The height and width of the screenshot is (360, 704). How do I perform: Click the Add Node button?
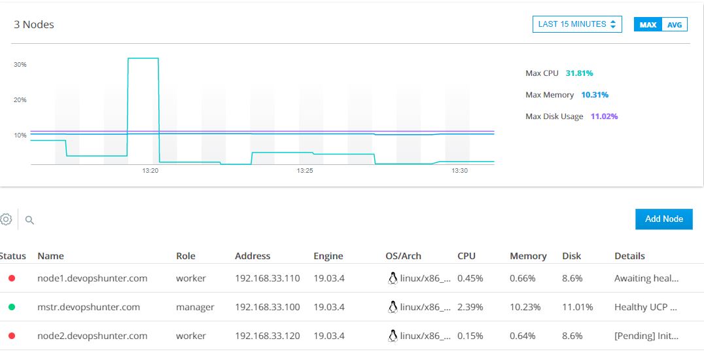coord(663,219)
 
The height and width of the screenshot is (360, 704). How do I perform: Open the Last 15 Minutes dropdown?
coord(576,24)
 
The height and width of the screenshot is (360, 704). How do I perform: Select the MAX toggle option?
coord(648,25)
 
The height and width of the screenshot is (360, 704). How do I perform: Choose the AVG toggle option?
coord(675,25)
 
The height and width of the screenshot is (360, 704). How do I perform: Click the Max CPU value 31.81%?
coord(579,73)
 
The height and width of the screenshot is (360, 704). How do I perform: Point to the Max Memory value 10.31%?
coord(594,95)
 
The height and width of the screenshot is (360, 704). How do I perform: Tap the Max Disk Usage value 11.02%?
coord(604,117)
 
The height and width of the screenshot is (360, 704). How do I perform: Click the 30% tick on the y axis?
coord(20,65)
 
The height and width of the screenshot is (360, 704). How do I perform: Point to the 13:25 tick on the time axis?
coord(304,171)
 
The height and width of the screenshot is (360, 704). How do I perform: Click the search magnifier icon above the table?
coord(29,220)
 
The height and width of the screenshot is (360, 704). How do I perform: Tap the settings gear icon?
coord(6,219)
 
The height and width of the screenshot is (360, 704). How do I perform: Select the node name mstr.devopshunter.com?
coord(88,307)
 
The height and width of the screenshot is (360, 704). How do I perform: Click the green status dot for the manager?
coord(12,307)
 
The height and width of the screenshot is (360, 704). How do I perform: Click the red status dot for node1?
coord(12,278)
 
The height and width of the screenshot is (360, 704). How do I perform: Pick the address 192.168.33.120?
coord(267,336)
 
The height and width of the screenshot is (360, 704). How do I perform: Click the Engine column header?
coord(328,256)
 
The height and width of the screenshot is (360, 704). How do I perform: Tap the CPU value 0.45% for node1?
coord(470,278)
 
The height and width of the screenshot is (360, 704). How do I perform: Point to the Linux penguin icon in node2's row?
coord(393,336)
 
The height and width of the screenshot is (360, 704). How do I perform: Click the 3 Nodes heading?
coord(34,25)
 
